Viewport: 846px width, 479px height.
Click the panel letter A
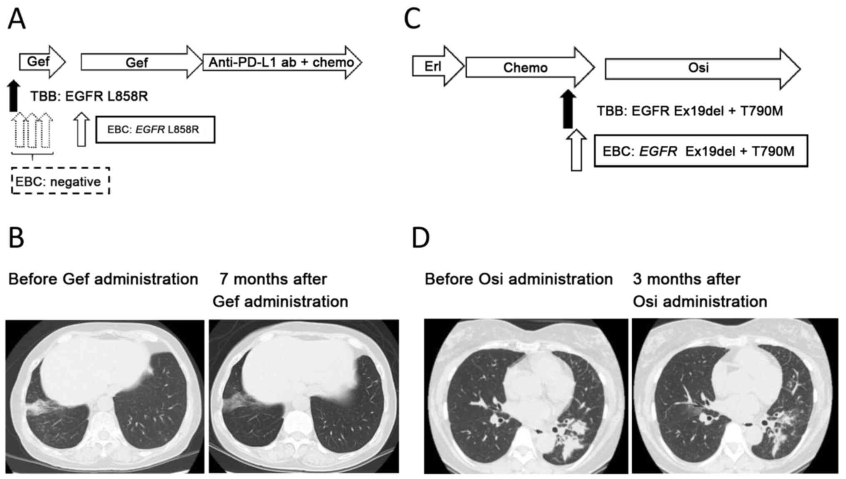[x=17, y=19]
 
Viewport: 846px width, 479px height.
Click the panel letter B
[x=16, y=238]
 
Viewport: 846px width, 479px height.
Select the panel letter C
[x=412, y=19]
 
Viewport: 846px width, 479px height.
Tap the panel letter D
[x=421, y=238]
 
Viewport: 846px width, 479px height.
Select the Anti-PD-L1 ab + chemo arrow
[x=282, y=62]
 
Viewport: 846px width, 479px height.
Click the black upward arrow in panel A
[x=14, y=96]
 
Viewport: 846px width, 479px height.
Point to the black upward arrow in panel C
[x=568, y=110]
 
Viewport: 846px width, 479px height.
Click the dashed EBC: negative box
[x=60, y=181]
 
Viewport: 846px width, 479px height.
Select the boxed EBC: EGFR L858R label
[x=155, y=130]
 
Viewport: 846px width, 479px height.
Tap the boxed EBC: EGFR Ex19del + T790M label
[x=701, y=151]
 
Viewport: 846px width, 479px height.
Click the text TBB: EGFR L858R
[x=89, y=97]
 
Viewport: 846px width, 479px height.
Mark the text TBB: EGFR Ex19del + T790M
[x=690, y=111]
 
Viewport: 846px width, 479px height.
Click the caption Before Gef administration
[x=103, y=279]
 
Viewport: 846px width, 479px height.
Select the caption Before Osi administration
[x=519, y=279]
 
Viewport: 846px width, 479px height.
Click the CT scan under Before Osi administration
[x=526, y=396]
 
